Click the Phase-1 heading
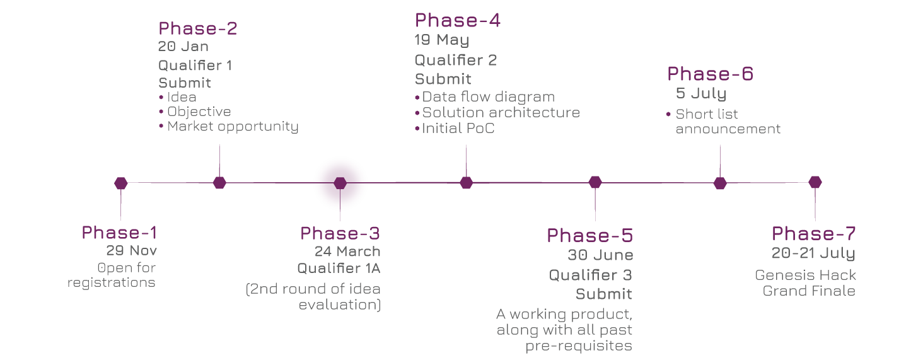pyautogui.click(x=119, y=233)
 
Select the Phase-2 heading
pyautogui.click(x=197, y=28)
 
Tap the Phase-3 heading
pyautogui.click(x=340, y=233)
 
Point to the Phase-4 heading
pyautogui.click(x=457, y=21)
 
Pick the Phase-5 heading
pyautogui.click(x=589, y=236)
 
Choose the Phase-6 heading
pyautogui.click(x=710, y=74)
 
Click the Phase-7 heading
pyautogui.click(x=813, y=234)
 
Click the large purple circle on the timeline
pyautogui.click(x=340, y=183)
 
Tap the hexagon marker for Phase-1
pyautogui.click(x=121, y=183)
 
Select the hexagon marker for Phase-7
pyautogui.click(x=815, y=182)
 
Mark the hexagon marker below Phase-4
pyautogui.click(x=466, y=183)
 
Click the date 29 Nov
pyautogui.click(x=131, y=251)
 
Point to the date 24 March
pyautogui.click(x=347, y=252)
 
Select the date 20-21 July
pyautogui.click(x=813, y=253)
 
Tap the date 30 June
pyautogui.click(x=600, y=255)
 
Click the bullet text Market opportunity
pyautogui.click(x=233, y=126)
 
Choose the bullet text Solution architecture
pyautogui.click(x=501, y=112)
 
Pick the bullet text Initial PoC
pyautogui.click(x=458, y=128)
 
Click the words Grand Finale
pyautogui.click(x=809, y=291)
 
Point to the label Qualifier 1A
pyautogui.click(x=339, y=268)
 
